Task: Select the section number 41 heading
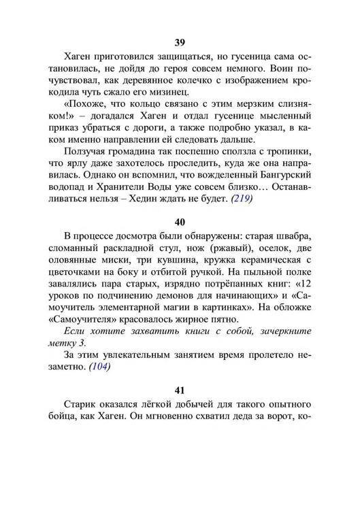(x=180, y=390)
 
